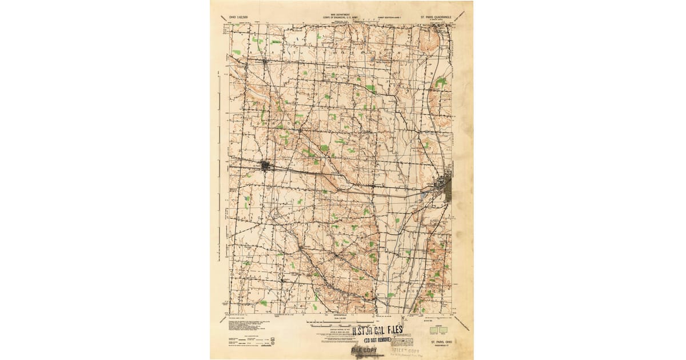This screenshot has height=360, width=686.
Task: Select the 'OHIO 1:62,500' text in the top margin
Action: [240, 18]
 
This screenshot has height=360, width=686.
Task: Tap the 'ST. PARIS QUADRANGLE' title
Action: [438, 18]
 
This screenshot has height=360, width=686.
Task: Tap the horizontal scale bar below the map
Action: [341, 323]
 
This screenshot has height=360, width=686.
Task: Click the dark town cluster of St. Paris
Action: [266, 166]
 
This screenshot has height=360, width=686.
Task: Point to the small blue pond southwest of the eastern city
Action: [422, 195]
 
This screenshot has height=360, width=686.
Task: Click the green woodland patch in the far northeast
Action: [440, 82]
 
